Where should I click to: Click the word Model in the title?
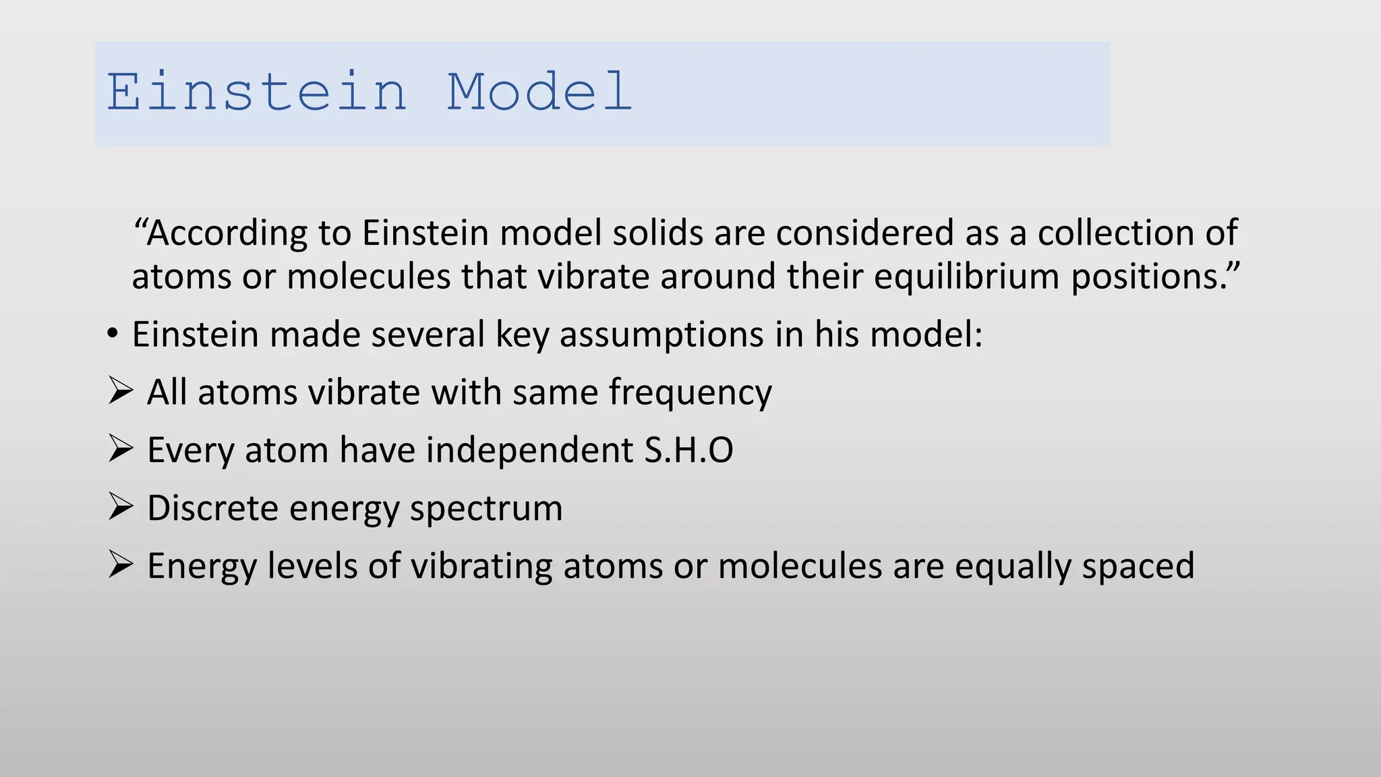pos(539,92)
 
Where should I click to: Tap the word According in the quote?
pos(227,233)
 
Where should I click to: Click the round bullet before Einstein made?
pos(113,335)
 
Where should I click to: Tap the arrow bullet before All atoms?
pos(121,391)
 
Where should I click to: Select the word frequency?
pos(690,393)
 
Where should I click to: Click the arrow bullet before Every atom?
pos(121,449)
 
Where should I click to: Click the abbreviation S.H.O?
pos(688,450)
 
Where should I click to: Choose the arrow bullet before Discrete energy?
pos(121,507)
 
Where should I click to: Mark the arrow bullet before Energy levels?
pos(121,565)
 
